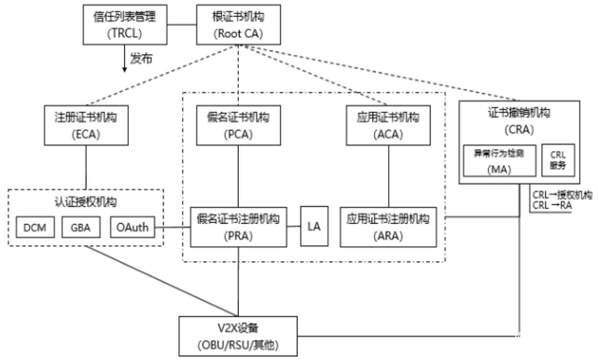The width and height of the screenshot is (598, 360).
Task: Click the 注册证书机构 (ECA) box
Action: (86, 125)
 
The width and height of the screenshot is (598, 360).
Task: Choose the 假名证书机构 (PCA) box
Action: (232, 125)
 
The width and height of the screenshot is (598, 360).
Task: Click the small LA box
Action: (313, 226)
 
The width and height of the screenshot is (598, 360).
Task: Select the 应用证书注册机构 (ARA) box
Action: (388, 226)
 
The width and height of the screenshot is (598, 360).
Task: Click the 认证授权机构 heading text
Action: (87, 201)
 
